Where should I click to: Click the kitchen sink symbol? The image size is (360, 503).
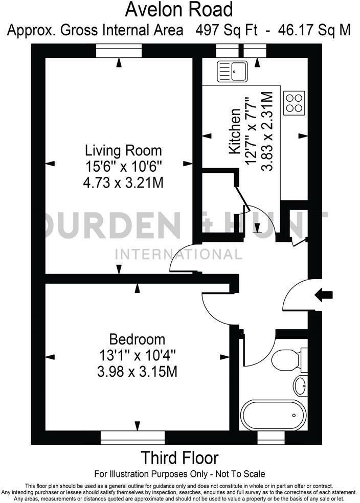232,71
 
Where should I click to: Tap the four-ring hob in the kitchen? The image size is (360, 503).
295,102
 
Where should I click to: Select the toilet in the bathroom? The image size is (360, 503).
284,360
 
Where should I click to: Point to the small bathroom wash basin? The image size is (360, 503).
300,385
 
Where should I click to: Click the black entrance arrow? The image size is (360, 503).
324,294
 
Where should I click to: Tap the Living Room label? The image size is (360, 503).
123,151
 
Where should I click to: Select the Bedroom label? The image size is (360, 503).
138,339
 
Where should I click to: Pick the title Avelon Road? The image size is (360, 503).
179,10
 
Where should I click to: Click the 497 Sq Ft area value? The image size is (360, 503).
227,30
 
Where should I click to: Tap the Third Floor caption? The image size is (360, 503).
179,457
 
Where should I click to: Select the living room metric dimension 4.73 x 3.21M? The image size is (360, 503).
123,182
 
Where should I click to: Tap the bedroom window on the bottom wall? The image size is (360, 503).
132,438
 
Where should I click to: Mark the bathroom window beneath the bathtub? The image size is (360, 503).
271,438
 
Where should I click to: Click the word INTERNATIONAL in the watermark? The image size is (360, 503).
179,254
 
